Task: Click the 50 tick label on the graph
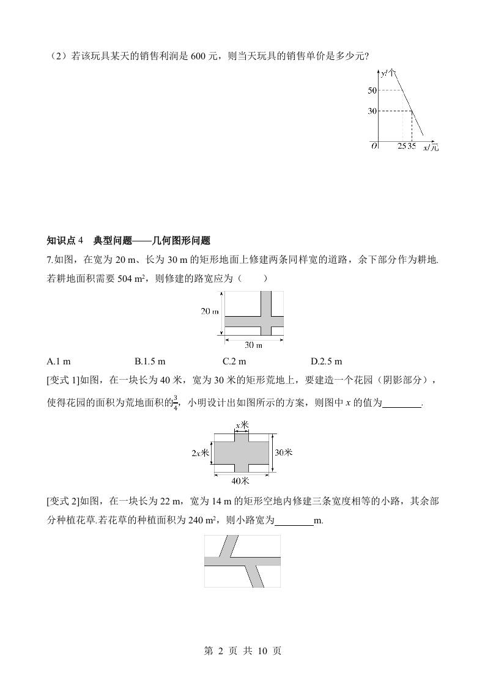(372, 90)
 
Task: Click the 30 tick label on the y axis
(372, 111)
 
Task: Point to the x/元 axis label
(431, 147)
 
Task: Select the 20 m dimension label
(210, 311)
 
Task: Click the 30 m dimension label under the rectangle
(253, 344)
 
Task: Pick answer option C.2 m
(235, 361)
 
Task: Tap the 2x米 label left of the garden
(201, 453)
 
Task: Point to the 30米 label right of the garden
(284, 452)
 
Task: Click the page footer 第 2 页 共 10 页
(242, 651)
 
